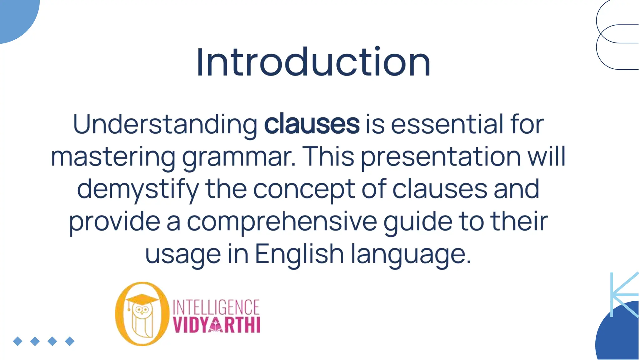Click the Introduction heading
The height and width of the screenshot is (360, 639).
pos(313,62)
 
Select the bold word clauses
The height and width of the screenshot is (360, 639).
pos(312,124)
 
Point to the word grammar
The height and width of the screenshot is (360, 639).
pos(238,157)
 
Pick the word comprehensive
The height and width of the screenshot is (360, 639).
pos(282,222)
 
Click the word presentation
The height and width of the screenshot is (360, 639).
pos(441,157)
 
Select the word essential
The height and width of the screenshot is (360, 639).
pos(447,124)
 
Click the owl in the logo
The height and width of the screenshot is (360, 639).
pos(142,320)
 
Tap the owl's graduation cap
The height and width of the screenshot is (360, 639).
pos(142,298)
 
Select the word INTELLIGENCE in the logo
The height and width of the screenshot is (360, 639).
pos(216,307)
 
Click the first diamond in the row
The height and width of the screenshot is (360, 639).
pos(18,341)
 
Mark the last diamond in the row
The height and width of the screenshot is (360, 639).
pos(70,341)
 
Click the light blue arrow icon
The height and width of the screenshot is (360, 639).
pos(624,294)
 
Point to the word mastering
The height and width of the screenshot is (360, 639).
pos(113,157)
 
